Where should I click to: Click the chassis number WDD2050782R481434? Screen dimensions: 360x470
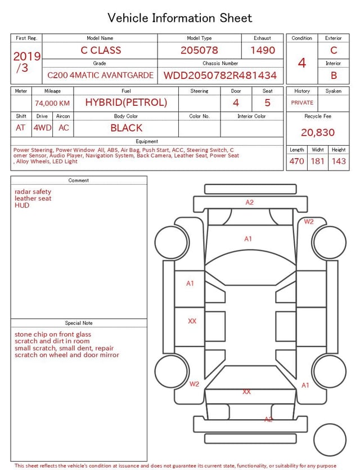[220, 75]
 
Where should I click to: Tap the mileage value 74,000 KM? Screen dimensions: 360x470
[52, 103]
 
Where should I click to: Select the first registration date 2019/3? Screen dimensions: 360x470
[26, 62]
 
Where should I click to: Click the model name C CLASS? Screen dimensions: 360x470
[101, 50]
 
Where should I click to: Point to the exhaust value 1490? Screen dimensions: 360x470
[263, 50]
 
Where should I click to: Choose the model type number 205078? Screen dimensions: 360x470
[199, 50]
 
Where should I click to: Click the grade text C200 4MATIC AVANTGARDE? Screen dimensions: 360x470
[100, 75]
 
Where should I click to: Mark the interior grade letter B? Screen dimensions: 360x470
[334, 75]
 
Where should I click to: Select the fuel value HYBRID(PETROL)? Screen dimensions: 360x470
[126, 102]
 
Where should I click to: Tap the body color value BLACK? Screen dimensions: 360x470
[127, 128]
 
